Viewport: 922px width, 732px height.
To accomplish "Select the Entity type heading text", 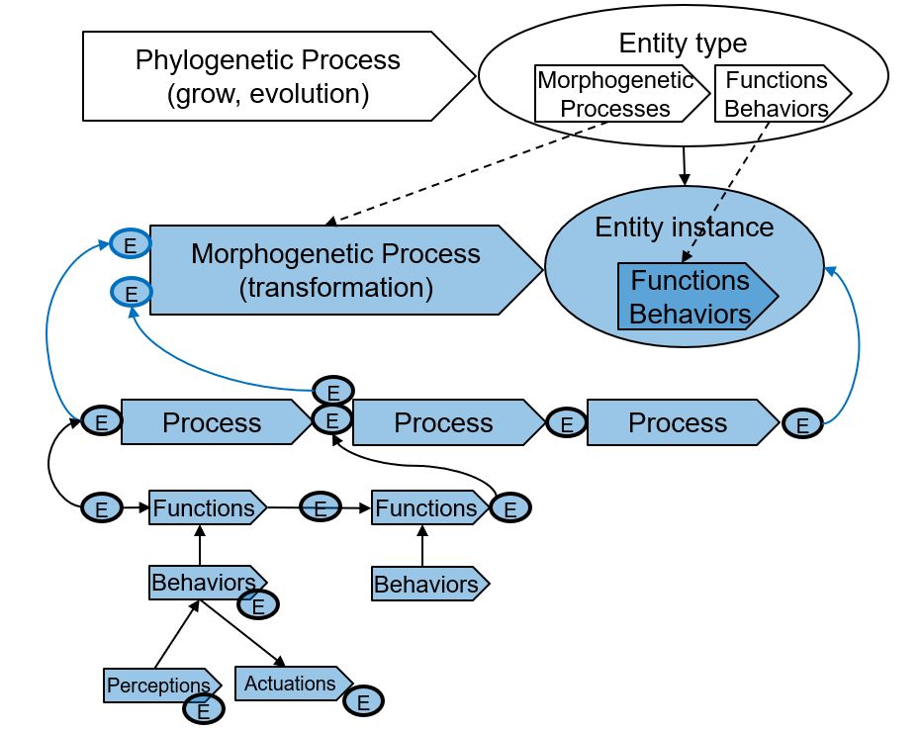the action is (x=683, y=43).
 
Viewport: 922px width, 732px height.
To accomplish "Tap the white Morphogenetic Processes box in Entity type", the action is (x=621, y=94).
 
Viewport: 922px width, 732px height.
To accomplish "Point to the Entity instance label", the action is (x=684, y=227).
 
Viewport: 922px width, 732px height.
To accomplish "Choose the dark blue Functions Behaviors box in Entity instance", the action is (x=697, y=297).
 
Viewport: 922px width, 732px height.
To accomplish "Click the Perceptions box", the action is (x=161, y=685).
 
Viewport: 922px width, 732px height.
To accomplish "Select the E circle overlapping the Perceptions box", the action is (x=204, y=710).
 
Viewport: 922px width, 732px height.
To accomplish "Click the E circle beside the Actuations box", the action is (x=363, y=701).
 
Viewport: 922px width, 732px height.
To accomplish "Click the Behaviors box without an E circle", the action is (x=429, y=584).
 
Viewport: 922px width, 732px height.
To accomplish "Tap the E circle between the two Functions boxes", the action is (x=320, y=507).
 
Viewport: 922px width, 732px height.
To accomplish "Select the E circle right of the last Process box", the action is (x=802, y=424).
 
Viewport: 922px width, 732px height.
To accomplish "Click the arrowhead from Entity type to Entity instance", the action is (x=684, y=179).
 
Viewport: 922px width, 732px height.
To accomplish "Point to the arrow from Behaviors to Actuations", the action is (x=242, y=633).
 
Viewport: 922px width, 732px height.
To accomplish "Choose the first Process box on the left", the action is (x=216, y=422).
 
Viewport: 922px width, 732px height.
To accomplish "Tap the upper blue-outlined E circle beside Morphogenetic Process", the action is (x=131, y=244).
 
